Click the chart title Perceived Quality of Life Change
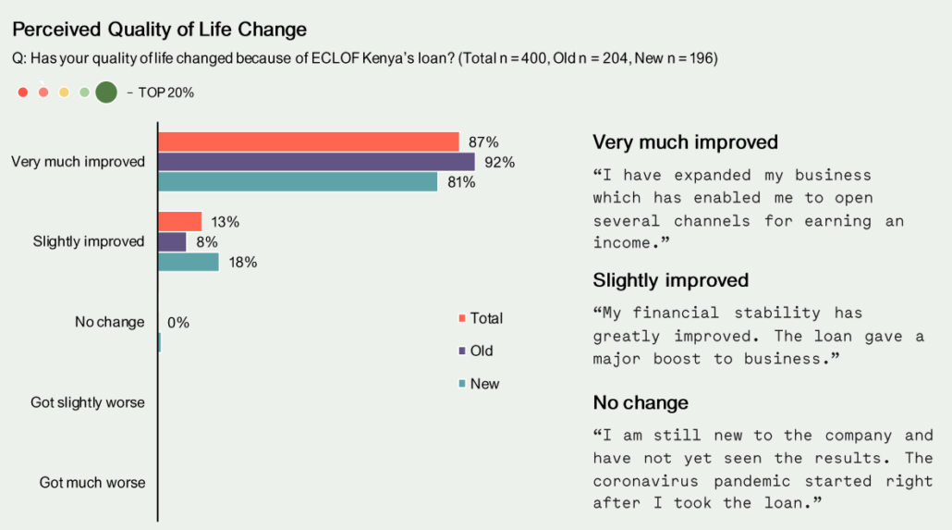tap(159, 30)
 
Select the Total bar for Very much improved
tap(309, 142)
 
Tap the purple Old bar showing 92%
tap(316, 162)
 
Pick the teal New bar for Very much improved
tap(298, 181)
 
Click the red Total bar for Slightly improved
tap(179, 221)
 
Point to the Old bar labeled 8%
tap(172, 242)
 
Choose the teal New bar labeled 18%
tap(189, 262)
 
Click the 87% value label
tap(483, 142)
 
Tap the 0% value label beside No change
tap(177, 323)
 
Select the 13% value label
tap(226, 223)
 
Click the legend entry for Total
tap(481, 318)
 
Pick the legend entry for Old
tap(475, 351)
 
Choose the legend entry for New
tap(479, 384)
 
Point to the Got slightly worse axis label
tap(88, 402)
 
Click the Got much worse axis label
tap(92, 483)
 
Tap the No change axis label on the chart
tap(109, 322)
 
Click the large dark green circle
tap(106, 92)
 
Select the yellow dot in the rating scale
tap(64, 92)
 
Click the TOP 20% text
tap(165, 93)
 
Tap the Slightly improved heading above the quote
tap(670, 280)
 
